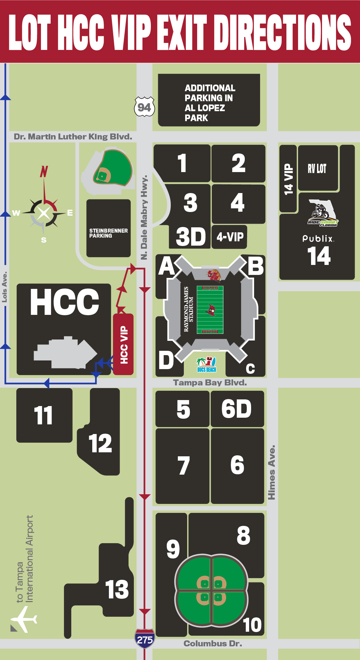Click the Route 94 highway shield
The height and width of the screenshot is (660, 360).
coord(144,107)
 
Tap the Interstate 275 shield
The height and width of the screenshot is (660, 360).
coord(145,638)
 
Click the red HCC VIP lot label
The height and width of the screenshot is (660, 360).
coord(124,344)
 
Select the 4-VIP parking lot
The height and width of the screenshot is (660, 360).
coord(230,237)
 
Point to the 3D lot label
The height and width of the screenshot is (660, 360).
coord(190,237)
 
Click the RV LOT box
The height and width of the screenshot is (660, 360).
coord(317,168)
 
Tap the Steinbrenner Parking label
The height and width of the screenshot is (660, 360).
coord(108,233)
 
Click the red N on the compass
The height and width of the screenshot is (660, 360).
coord(44,171)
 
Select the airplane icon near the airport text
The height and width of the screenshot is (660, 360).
coord(23,619)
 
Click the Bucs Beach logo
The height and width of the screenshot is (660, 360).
coord(206,365)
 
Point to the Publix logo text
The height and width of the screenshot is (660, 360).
coord(318,239)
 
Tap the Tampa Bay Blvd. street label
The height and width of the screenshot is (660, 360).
coord(210,383)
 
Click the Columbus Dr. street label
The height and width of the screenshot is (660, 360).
coord(212,644)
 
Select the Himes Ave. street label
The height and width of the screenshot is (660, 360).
coord(272,472)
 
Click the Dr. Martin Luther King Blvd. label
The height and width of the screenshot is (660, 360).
coord(73,137)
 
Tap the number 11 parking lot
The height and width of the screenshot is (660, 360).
coord(44,415)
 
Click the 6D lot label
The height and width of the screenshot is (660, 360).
coord(237,409)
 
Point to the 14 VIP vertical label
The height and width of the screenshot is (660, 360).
coord(288,179)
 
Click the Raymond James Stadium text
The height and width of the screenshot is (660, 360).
coord(188,309)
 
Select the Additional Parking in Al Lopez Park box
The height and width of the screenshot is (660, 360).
coord(209,100)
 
